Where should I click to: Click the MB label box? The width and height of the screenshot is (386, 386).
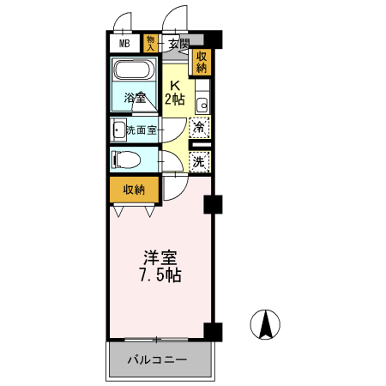(x=124, y=43)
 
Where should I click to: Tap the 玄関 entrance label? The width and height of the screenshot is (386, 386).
(x=178, y=43)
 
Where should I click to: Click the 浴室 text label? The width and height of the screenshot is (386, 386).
(x=134, y=97)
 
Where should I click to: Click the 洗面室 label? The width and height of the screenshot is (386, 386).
(x=142, y=130)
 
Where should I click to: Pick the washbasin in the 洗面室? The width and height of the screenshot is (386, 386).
(x=118, y=130)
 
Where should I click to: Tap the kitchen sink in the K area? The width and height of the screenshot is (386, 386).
(x=202, y=105)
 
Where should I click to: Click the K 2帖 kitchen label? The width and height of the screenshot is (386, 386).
(x=175, y=92)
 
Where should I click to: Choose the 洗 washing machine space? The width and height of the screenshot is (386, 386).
(x=199, y=160)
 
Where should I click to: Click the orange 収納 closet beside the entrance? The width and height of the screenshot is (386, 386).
(x=202, y=63)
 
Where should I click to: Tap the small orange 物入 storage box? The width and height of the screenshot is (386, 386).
(x=151, y=43)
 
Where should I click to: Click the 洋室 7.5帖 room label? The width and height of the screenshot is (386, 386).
(x=160, y=265)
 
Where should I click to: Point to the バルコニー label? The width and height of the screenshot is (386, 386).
(x=159, y=359)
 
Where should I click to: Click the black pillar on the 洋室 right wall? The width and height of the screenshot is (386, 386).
(x=213, y=204)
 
